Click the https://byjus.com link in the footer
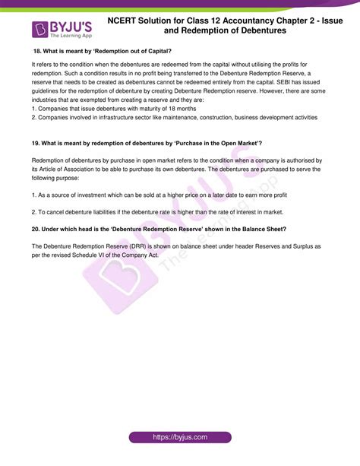click(179, 438)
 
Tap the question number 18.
click(37, 52)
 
